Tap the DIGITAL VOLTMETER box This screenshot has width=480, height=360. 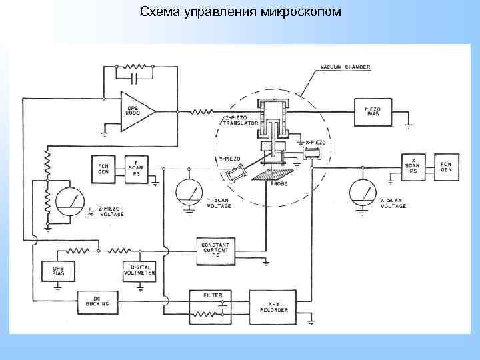coord(140,270)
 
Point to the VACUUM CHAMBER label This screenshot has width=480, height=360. coord(345,68)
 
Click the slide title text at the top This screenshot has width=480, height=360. coord(240,11)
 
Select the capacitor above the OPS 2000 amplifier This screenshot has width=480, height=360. coord(136,79)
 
